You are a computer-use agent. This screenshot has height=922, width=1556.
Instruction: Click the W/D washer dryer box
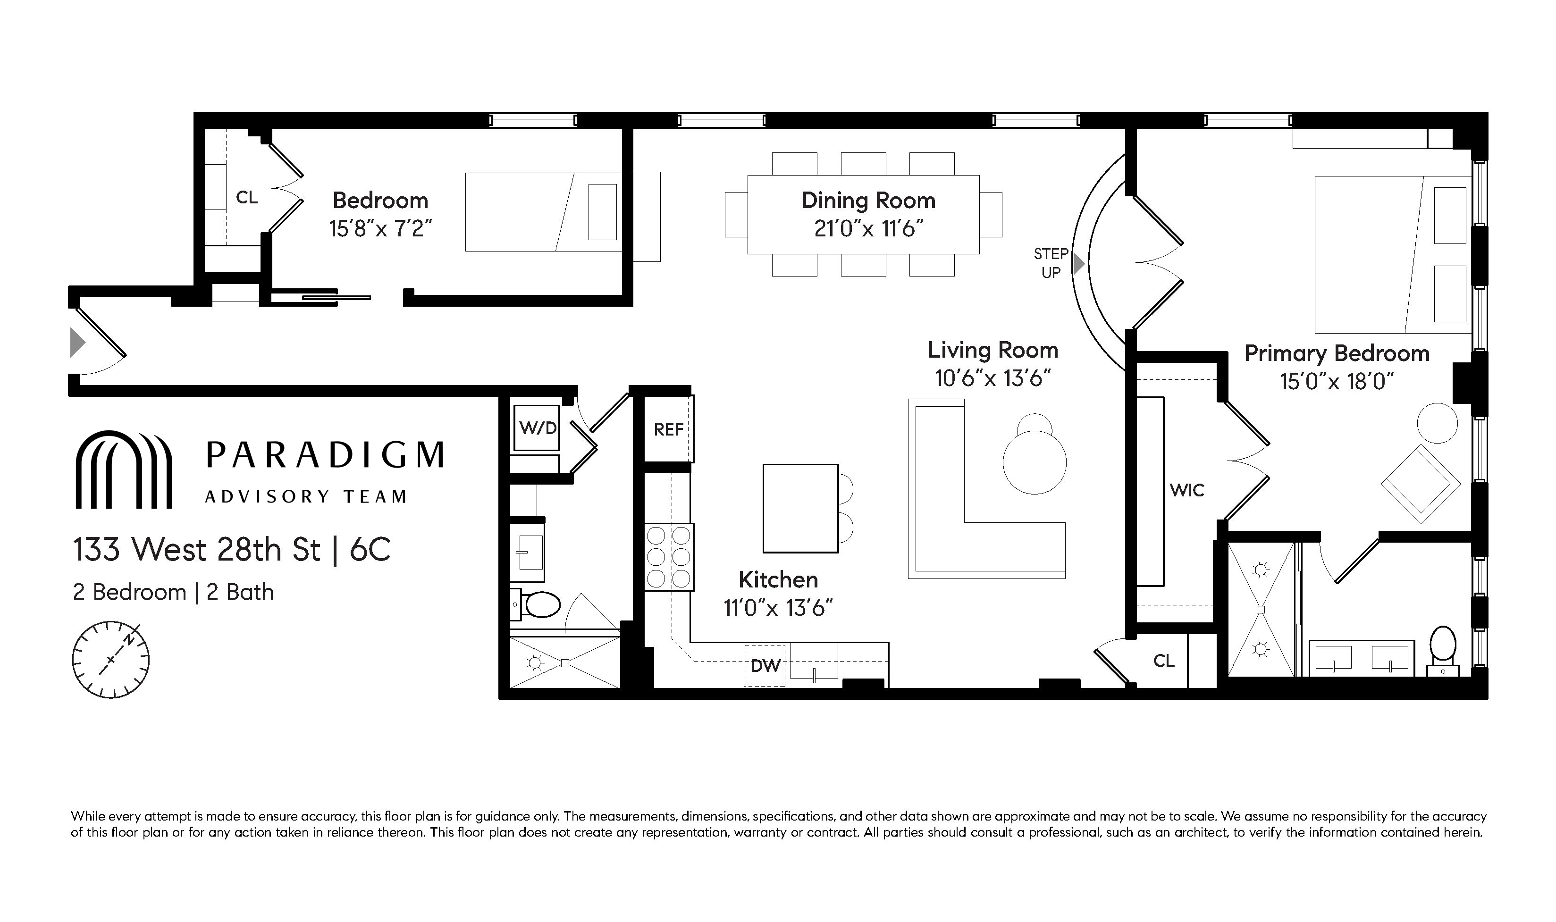538,427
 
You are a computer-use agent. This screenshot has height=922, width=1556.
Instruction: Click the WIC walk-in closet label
1186,490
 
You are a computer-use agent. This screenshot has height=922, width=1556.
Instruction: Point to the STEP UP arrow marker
1079,263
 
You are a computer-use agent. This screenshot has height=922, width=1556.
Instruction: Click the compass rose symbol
111,660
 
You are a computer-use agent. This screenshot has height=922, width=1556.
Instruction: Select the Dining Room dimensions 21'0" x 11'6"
868,229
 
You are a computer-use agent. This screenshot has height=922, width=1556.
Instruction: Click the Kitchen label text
778,579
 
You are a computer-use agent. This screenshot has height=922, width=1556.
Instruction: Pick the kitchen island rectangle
800,508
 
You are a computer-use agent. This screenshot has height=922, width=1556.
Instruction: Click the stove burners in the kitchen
669,557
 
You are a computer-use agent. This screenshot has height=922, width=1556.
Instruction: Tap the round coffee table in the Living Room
1034,462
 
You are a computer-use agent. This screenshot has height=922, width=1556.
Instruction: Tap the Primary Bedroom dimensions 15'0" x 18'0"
1336,381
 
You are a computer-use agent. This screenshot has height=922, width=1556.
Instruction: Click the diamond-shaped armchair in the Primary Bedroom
1421,483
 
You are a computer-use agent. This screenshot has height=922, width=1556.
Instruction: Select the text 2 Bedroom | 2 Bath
173,592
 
